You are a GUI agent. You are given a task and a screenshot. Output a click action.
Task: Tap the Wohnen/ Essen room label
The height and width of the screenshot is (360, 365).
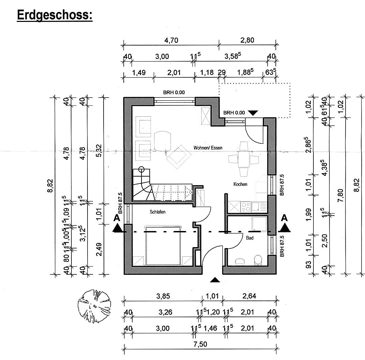coord(208,148)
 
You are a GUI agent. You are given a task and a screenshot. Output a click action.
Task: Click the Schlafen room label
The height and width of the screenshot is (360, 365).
coord(157,212)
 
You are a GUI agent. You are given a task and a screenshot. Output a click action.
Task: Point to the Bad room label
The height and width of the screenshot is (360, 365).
coord(249,238)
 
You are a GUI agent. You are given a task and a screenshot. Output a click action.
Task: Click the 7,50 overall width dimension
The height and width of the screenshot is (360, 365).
coord(200,344)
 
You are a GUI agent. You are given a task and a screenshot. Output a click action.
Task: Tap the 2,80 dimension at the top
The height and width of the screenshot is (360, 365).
coord(247,40)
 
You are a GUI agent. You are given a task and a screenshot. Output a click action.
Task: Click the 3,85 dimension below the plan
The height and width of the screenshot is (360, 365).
coord(163,296)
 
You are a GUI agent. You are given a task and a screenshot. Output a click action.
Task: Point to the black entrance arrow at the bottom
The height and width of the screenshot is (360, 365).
coord(215,280)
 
